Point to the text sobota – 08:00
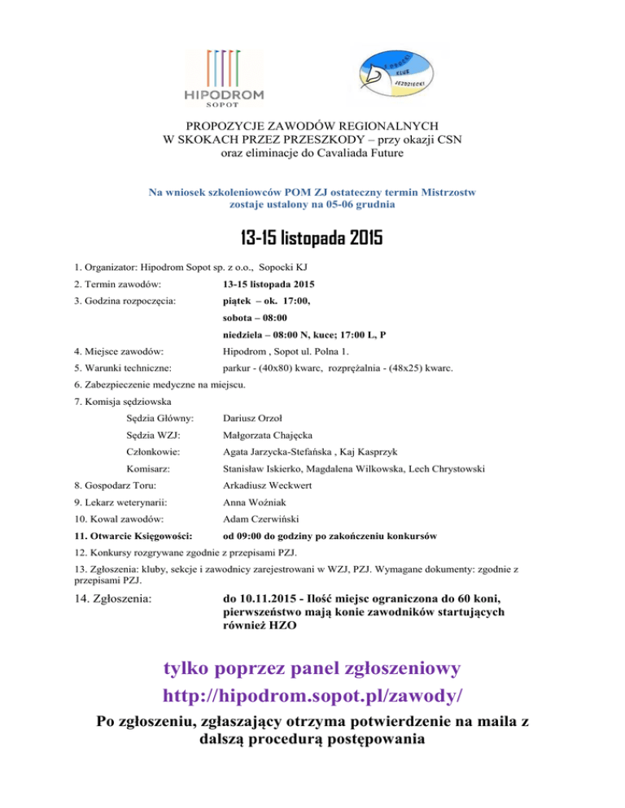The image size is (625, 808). click(x=254, y=317)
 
